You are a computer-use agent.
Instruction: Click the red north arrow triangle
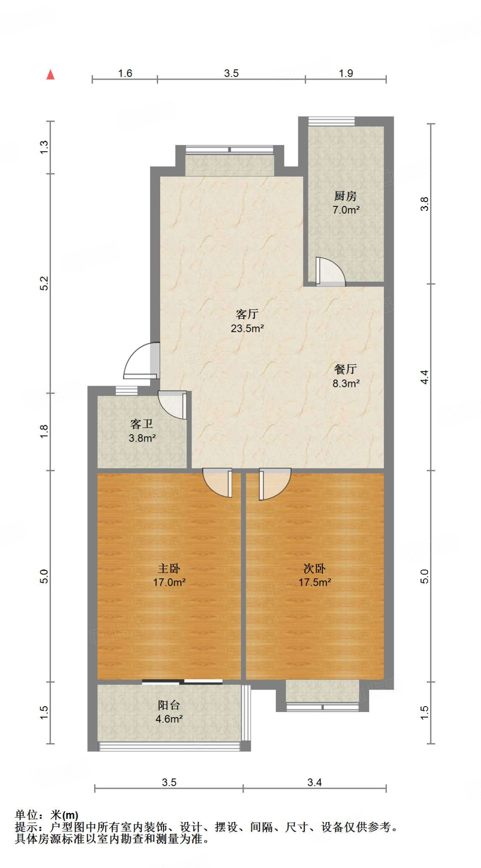click(50, 75)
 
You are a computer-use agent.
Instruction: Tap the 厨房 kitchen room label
click(345, 196)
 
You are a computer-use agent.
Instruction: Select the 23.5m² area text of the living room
click(247, 328)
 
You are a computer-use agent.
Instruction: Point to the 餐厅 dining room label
click(345, 369)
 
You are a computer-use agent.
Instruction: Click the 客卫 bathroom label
click(142, 424)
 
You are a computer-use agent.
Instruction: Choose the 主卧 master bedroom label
click(169, 568)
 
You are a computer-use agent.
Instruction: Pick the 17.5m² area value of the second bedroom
click(314, 582)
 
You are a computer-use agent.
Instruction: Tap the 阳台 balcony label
click(169, 705)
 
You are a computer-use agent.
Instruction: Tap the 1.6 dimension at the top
click(125, 73)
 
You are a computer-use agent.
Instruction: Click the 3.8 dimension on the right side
click(425, 204)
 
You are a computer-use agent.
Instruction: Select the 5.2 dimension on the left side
click(44, 283)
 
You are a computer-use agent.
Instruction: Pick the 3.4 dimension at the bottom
click(314, 782)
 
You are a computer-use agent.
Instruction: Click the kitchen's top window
click(331, 121)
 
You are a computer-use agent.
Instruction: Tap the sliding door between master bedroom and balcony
click(182, 682)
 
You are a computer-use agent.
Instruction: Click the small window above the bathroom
click(126, 390)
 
